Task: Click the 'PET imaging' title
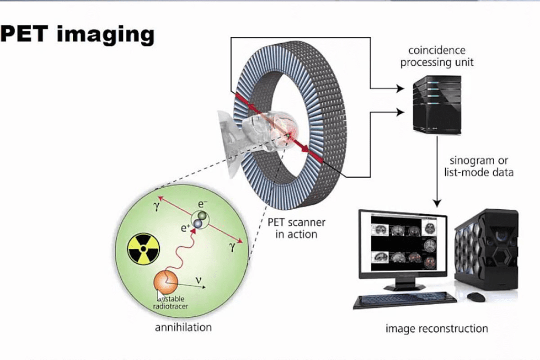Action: [77, 35]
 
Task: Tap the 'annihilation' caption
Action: [183, 327]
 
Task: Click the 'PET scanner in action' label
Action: [296, 228]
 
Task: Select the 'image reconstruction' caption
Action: [436, 328]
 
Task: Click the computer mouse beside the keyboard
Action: [476, 297]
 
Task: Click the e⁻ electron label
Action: [202, 204]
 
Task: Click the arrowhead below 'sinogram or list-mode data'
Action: [437, 203]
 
